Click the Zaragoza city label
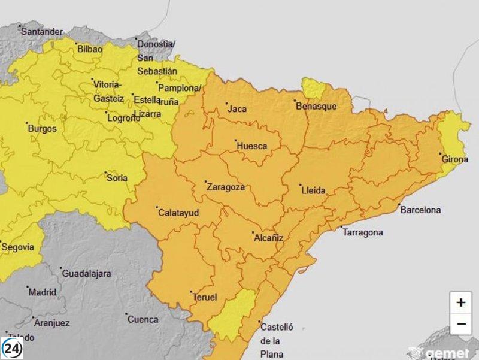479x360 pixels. coord(225,187)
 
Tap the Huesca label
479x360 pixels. coord(251,146)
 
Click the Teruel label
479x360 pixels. coord(204,297)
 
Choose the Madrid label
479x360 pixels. coord(43,292)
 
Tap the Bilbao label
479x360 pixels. coord(90,49)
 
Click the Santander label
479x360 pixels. coord(41,31)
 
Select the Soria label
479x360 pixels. coord(116,177)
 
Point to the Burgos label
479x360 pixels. coord(42,128)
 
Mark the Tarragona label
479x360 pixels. coord(362,232)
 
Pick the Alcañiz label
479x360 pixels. coord(268,238)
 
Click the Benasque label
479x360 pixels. coord(316,106)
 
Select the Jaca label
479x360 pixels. coord(237,109)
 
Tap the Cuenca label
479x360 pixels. coord(144,319)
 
